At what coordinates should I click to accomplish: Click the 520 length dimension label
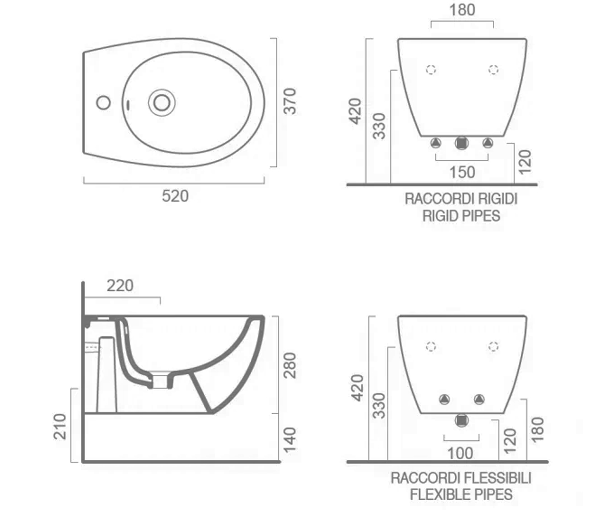(x=176, y=196)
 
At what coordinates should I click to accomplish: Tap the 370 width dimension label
(x=290, y=101)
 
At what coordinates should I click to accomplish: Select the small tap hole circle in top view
(x=103, y=103)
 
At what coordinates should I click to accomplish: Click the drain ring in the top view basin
(x=162, y=103)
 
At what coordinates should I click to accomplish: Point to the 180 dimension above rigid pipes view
(x=462, y=10)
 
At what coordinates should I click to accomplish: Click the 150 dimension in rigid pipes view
(x=462, y=172)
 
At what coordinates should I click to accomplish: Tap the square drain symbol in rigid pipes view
(x=462, y=143)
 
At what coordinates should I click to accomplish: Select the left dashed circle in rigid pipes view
(x=431, y=70)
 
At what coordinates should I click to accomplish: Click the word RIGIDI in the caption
(x=497, y=199)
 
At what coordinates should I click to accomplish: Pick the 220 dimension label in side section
(x=120, y=285)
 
